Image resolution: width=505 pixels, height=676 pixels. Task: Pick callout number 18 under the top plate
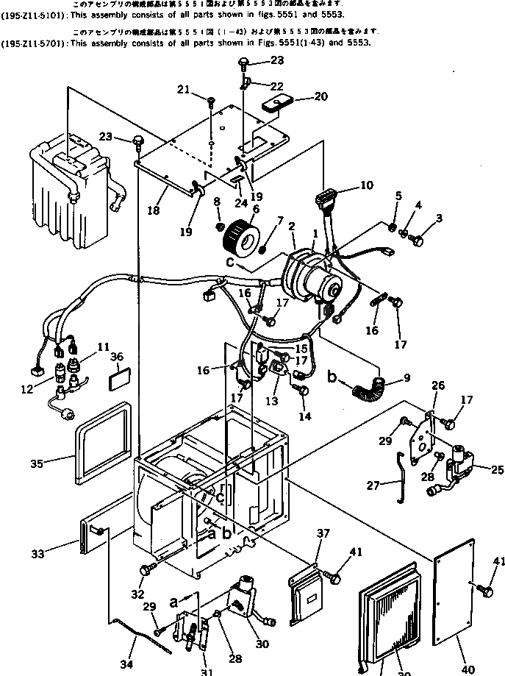[x=153, y=210]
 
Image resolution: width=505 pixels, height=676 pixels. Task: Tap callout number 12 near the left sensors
[x=27, y=390]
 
